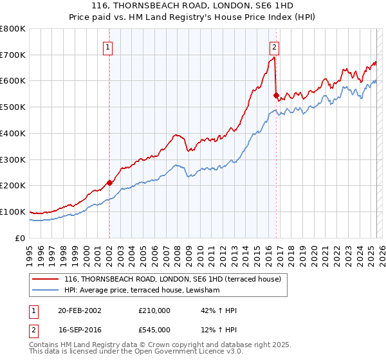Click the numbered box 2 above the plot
point(275,46)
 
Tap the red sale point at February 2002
point(109,183)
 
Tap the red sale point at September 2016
point(276,95)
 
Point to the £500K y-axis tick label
point(13,107)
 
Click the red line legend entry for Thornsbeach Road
point(172,280)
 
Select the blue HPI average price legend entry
point(142,291)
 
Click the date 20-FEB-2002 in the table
point(80,310)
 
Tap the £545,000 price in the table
point(154,330)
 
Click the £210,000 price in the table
point(154,310)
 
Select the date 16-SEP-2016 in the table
point(80,330)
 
